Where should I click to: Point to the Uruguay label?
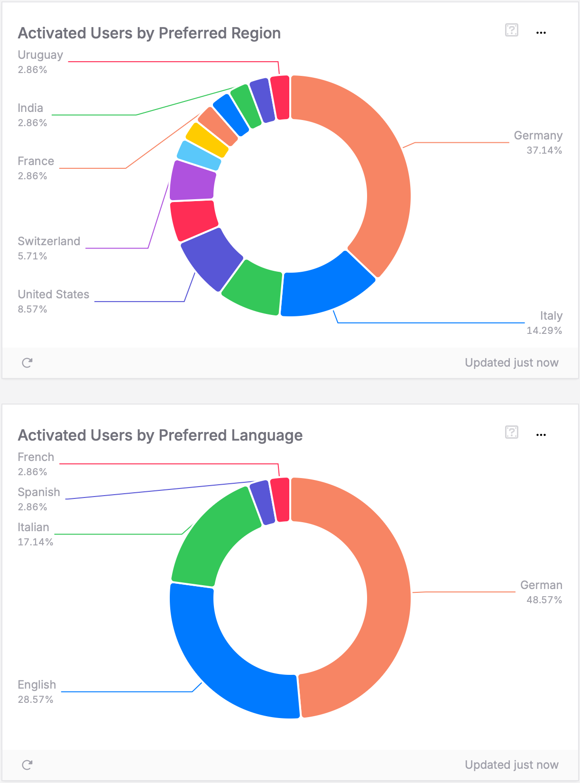40,55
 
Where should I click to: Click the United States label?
53,295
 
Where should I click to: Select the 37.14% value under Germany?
544,150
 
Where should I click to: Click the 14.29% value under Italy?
544,331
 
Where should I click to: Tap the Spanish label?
39,492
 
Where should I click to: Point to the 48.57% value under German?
544,600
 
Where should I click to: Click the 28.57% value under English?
36,700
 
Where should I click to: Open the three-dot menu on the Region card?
541,33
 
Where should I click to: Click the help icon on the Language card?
511,432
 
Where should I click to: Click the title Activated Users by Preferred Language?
160,435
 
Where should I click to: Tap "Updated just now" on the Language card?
511,765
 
